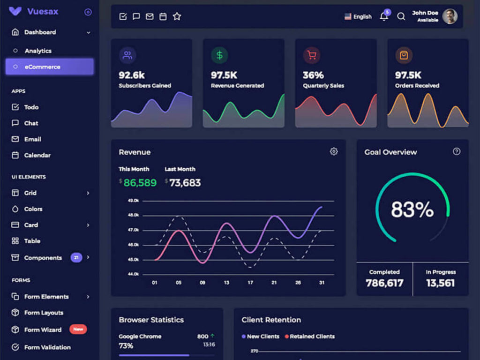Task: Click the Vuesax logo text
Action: coord(43,12)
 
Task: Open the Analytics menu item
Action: coord(38,51)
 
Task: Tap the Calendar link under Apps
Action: coord(37,155)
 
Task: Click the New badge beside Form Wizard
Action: coord(78,329)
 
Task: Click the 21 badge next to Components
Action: coord(76,257)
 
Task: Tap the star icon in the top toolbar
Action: coord(177,16)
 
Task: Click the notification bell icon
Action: coord(384,17)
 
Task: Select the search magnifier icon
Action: coord(401,16)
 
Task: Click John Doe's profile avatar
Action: coord(450,16)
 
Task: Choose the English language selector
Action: coord(358,16)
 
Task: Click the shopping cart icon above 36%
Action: coord(311,55)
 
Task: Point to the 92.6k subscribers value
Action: coord(132,75)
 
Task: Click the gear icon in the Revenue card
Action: coord(334,151)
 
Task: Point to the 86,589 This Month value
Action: coord(140,183)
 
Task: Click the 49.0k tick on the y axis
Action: coord(133,201)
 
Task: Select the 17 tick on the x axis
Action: coord(250,283)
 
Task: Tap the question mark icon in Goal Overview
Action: coord(457,151)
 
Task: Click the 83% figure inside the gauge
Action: coord(412,210)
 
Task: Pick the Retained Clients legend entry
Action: coord(312,336)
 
